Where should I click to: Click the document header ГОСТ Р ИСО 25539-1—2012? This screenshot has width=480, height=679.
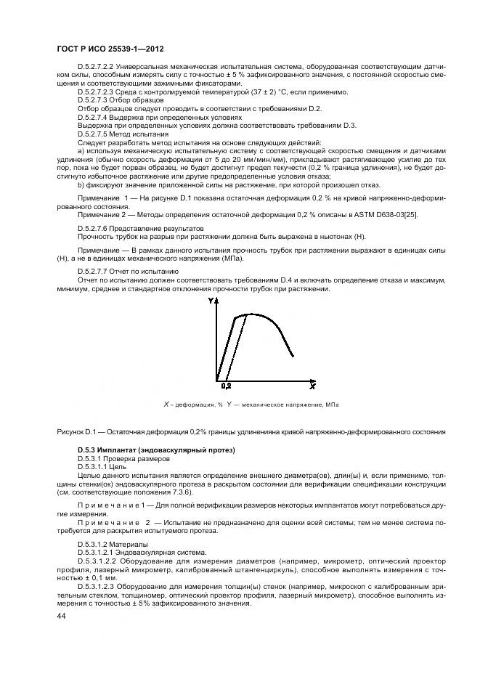coord(109,49)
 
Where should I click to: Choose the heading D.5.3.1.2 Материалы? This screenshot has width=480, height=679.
coord(113,544)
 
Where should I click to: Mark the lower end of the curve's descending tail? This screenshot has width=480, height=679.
coord(293,356)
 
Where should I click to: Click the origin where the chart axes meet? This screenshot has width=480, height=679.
coord(216,380)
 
